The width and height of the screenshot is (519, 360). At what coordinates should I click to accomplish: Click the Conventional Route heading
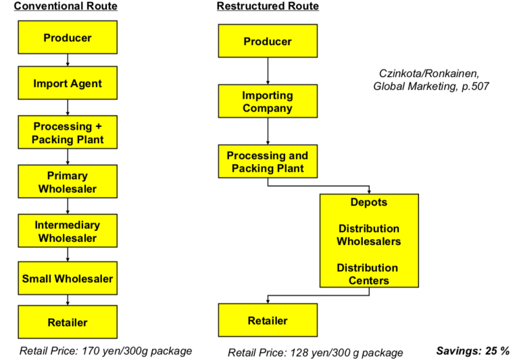point(66,6)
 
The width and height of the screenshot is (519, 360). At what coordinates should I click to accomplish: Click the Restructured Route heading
point(268,6)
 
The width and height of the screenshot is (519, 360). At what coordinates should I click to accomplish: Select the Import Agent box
point(68,84)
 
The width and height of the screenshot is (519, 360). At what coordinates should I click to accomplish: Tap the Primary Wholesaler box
point(68,182)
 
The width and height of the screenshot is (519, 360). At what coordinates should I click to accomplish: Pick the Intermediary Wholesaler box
point(68,232)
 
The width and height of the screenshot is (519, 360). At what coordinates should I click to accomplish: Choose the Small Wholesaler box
point(68,278)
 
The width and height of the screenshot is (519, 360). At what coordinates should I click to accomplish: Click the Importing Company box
point(268,101)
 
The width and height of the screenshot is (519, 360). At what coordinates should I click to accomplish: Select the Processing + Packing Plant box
point(68,133)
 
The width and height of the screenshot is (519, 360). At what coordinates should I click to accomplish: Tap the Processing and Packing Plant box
point(268,162)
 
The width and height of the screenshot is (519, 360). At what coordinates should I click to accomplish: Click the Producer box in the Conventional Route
point(68,38)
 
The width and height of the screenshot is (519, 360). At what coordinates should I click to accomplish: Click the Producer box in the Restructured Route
point(268,41)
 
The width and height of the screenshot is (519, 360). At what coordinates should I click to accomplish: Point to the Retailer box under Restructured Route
point(268,320)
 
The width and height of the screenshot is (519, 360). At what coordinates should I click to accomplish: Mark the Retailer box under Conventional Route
point(68,323)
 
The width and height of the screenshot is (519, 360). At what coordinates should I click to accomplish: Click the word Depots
point(369,203)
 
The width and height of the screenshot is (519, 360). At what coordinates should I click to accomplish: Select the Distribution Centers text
point(369,274)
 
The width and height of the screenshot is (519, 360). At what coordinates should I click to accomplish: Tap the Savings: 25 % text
point(472,350)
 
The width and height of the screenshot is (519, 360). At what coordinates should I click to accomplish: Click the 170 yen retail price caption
point(105,351)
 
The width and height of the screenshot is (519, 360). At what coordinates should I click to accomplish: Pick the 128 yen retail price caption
point(315,352)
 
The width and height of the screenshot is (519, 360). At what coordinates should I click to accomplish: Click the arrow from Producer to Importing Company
point(268,71)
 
